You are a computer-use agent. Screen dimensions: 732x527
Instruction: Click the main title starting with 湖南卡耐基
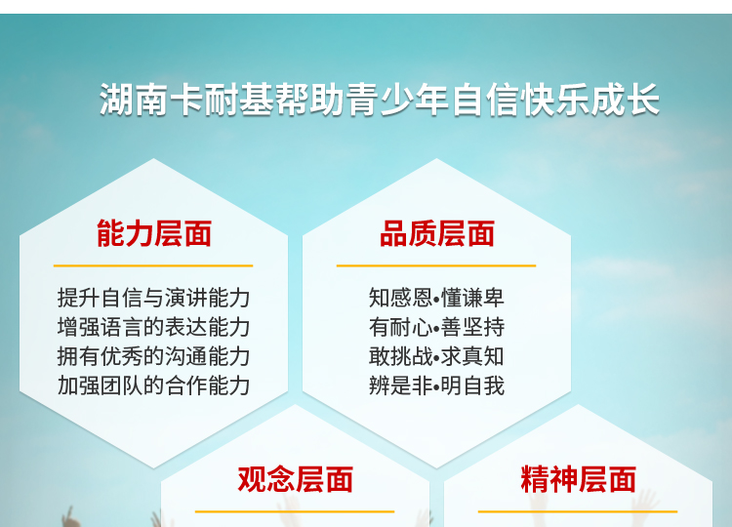[379, 100]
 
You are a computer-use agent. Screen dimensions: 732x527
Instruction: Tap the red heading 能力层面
[154, 233]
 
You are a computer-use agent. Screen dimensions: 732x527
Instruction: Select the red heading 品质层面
[437, 233]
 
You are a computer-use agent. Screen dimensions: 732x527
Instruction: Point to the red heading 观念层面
[295, 479]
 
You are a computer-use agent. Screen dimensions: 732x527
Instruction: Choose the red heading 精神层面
[579, 479]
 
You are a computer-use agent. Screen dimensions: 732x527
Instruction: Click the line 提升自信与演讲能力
[153, 298]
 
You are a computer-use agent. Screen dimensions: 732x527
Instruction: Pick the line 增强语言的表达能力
[153, 327]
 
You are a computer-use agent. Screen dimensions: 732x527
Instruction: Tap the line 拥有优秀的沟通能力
[153, 356]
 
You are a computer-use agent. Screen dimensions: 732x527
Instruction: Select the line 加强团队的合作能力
[153, 385]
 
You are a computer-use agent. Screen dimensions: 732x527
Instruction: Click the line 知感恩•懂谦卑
[436, 298]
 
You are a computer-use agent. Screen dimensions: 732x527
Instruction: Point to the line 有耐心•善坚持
[436, 327]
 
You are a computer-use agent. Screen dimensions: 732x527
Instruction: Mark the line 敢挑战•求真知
[436, 356]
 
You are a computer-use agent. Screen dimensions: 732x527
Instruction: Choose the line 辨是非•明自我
[436, 385]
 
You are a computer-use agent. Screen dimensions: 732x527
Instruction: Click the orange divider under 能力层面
[153, 265]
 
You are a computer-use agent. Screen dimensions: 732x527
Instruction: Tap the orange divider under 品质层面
[436, 265]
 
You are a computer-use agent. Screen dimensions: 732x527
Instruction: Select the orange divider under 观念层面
[295, 511]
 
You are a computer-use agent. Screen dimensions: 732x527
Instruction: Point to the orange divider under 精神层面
[578, 511]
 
